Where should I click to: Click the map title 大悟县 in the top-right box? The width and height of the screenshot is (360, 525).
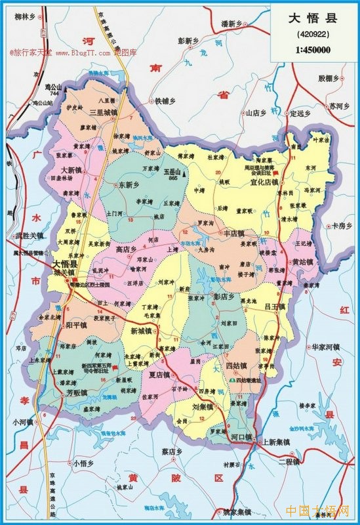point(313,18)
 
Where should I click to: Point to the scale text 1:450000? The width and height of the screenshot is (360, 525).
point(312,49)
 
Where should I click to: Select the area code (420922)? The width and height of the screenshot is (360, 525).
point(312,34)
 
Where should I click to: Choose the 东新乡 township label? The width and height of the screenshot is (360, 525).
point(129,186)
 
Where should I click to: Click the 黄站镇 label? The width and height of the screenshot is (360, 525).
point(302,261)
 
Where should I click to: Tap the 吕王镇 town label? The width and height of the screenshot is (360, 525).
point(274,306)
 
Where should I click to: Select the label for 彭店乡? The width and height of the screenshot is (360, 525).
point(223,296)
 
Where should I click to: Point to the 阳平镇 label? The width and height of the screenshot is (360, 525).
point(76,323)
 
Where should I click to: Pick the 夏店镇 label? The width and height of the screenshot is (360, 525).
point(159,375)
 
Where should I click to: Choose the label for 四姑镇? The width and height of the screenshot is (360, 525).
point(235,366)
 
